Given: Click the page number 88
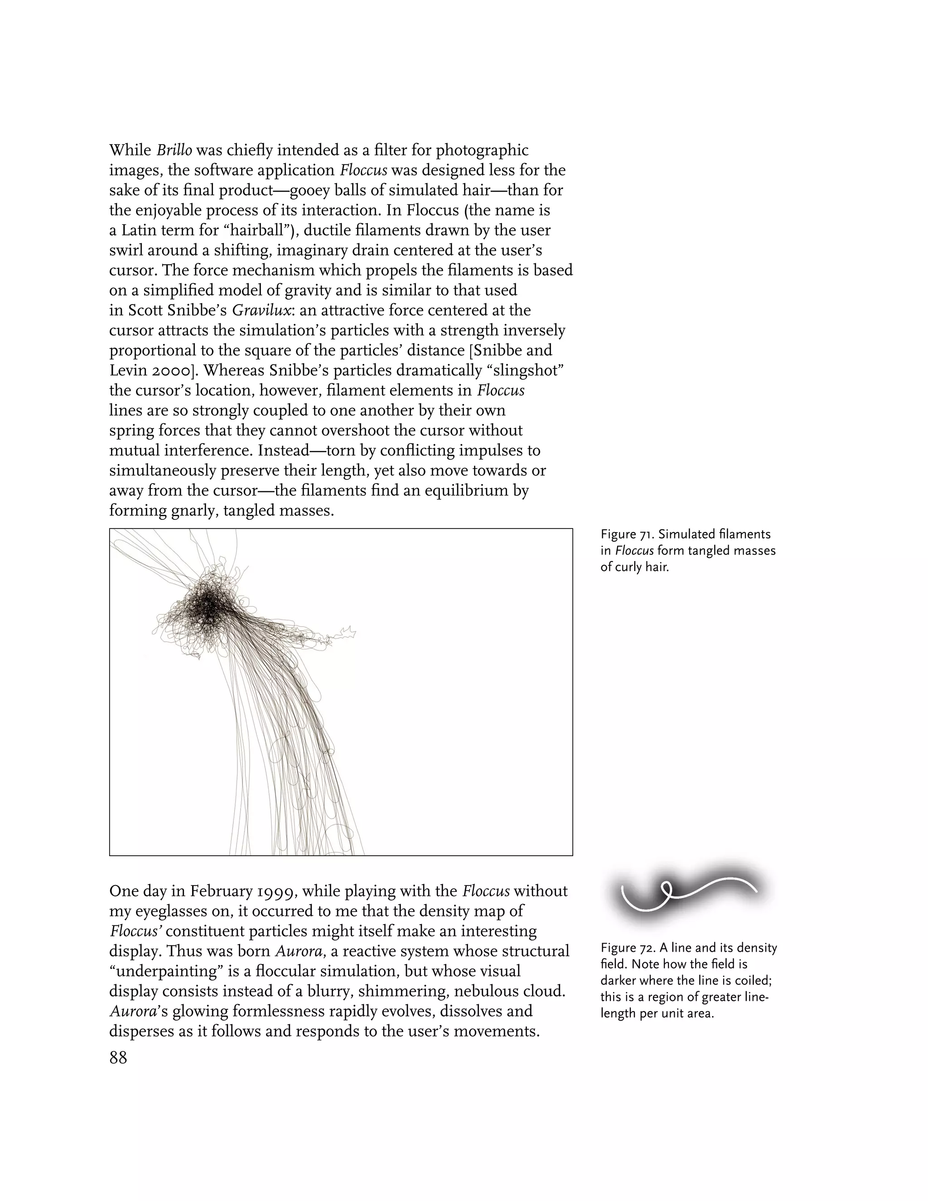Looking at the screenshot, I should (118, 1057).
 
